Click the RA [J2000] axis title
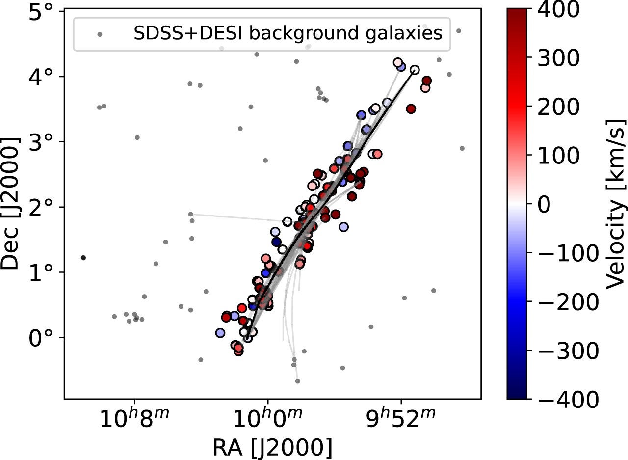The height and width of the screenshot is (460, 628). click(x=272, y=447)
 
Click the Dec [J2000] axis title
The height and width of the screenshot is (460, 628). click(x=12, y=204)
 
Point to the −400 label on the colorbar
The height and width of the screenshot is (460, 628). click(x=569, y=399)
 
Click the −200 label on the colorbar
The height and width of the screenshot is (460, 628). click(x=569, y=301)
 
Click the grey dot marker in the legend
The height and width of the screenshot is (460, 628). click(x=100, y=34)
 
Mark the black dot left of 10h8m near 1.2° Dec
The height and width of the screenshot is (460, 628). click(x=83, y=258)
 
